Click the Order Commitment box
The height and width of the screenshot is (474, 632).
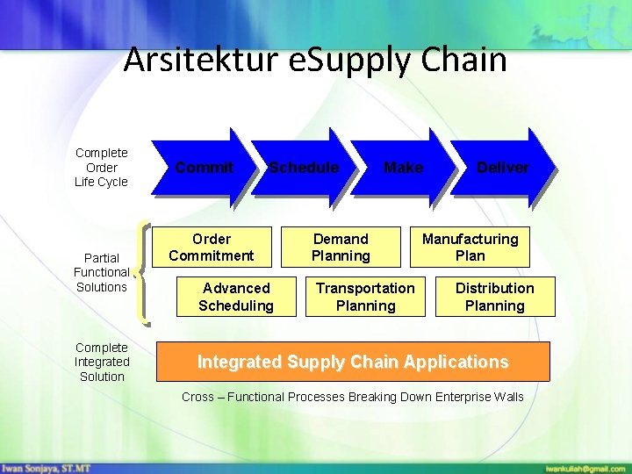[x=212, y=248]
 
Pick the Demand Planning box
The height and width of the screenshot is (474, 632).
[x=341, y=248]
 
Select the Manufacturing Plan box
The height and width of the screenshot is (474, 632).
[x=470, y=248]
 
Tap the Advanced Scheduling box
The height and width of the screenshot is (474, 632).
[x=236, y=297]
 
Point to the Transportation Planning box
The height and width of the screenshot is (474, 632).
[x=365, y=297]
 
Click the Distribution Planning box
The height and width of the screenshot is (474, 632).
[x=494, y=297]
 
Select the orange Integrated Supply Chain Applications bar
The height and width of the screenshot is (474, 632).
[x=353, y=362]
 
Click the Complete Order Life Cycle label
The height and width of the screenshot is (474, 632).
[x=101, y=168]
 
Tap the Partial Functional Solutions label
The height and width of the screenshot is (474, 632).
[x=101, y=272]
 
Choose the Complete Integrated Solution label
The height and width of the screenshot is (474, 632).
[x=102, y=362]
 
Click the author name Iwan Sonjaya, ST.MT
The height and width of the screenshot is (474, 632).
[x=46, y=467]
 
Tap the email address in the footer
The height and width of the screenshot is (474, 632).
[x=585, y=467]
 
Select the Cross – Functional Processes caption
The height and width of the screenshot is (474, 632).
[x=352, y=397]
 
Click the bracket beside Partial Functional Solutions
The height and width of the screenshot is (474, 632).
[x=145, y=272]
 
